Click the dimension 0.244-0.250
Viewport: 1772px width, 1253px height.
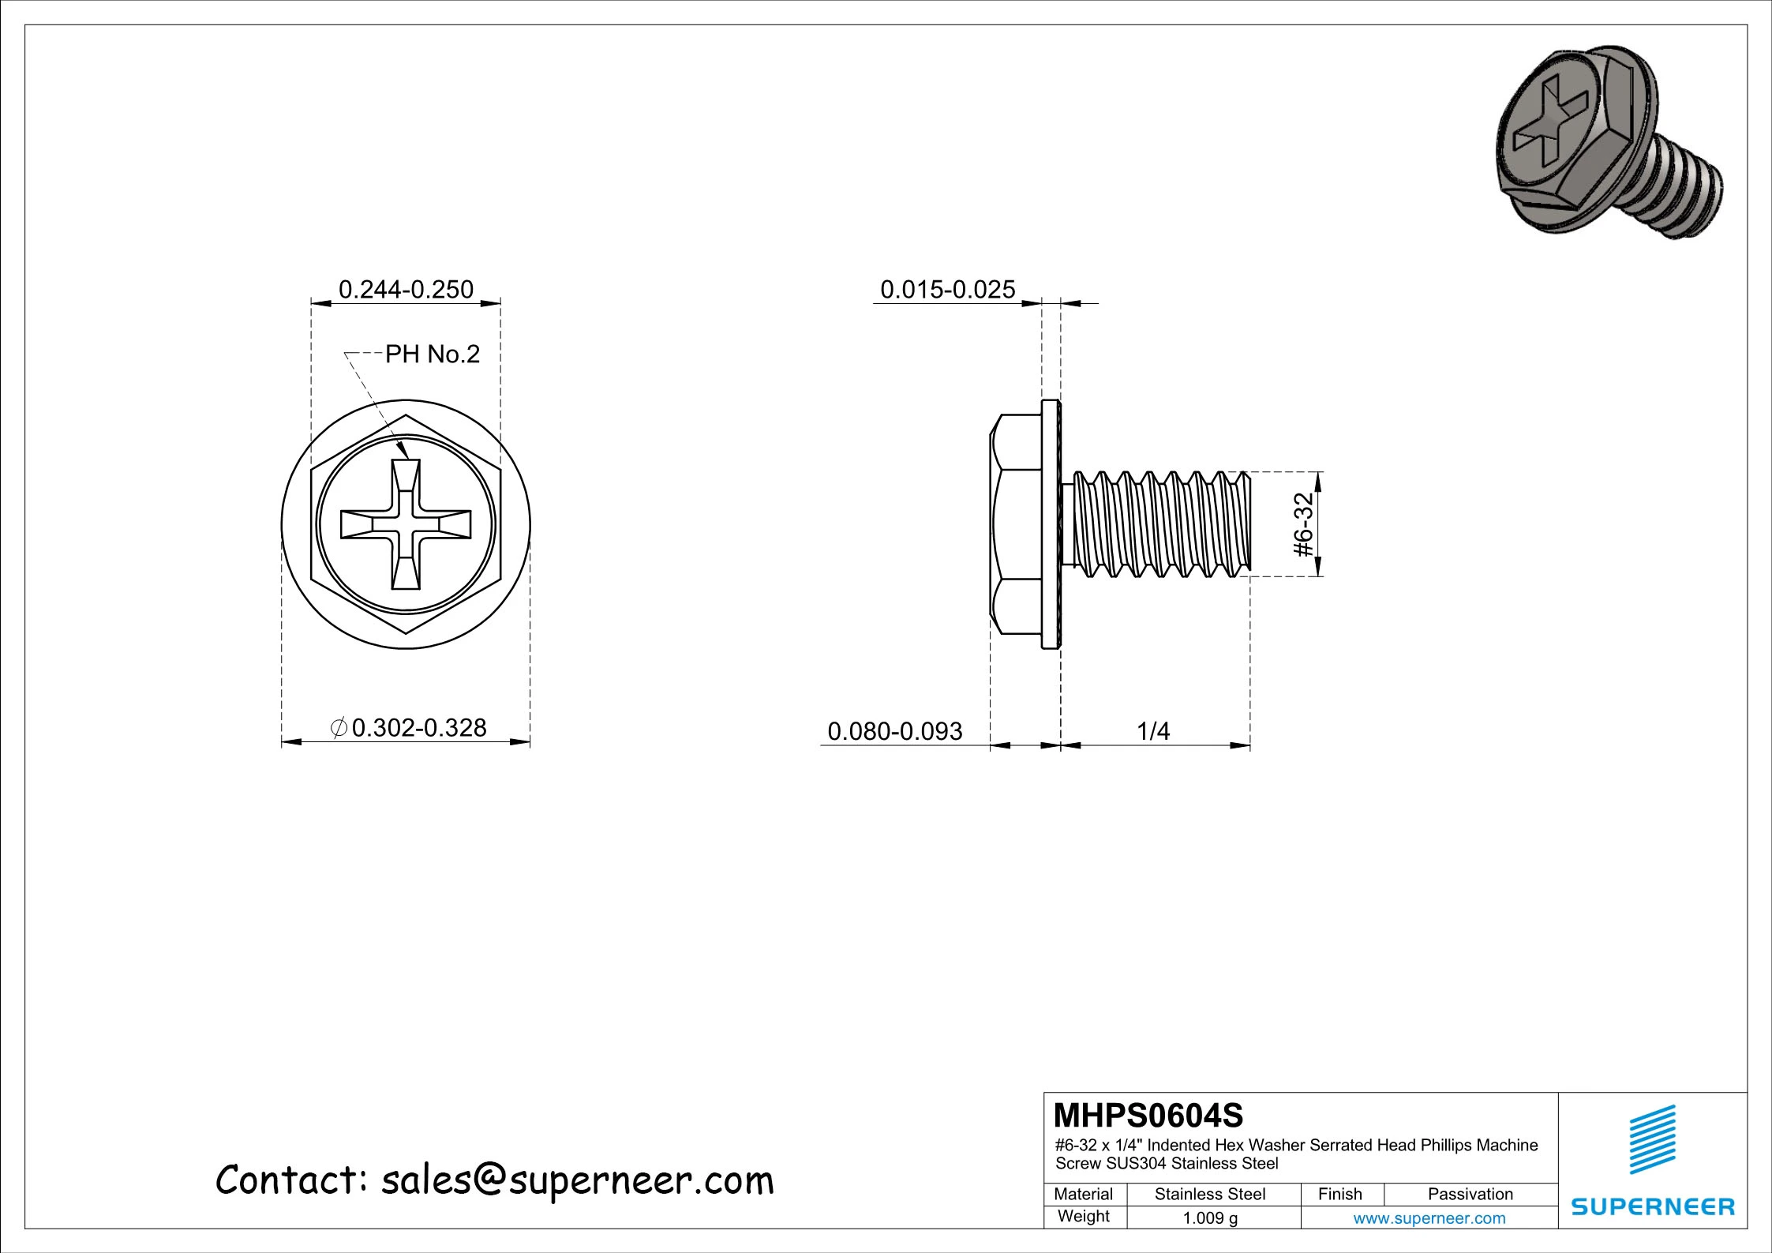406,290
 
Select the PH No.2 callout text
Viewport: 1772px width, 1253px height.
432,355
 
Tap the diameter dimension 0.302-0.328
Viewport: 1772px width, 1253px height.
418,727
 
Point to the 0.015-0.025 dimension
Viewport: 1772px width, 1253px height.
947,290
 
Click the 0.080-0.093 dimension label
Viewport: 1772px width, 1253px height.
894,731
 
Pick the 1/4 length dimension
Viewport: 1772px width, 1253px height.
1152,731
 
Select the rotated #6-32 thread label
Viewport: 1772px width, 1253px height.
1304,524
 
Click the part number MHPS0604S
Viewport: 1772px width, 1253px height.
1148,1116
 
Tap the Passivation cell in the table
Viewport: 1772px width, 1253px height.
1470,1194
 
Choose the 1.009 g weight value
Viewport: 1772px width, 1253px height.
1210,1218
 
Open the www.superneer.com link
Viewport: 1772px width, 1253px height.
1429,1218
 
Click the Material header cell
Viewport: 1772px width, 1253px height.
1083,1194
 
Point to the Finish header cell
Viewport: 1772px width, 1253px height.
1339,1194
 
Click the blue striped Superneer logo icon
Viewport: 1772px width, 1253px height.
1652,1139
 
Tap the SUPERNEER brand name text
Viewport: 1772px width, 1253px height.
1653,1206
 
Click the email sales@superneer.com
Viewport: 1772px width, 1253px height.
577,1180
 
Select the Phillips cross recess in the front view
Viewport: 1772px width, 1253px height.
406,524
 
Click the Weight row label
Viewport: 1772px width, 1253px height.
1083,1217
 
